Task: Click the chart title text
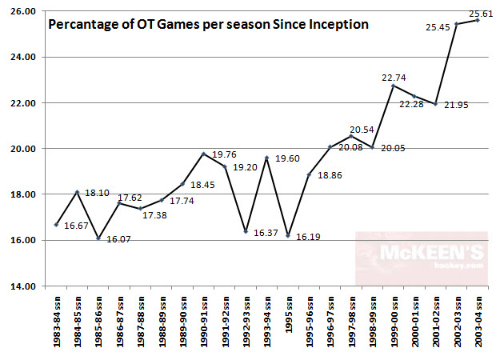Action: tap(209, 24)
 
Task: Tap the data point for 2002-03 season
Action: tap(456, 24)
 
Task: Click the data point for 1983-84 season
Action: tap(56, 225)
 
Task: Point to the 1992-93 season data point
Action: tap(246, 231)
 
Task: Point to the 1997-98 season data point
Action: tap(350, 136)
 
